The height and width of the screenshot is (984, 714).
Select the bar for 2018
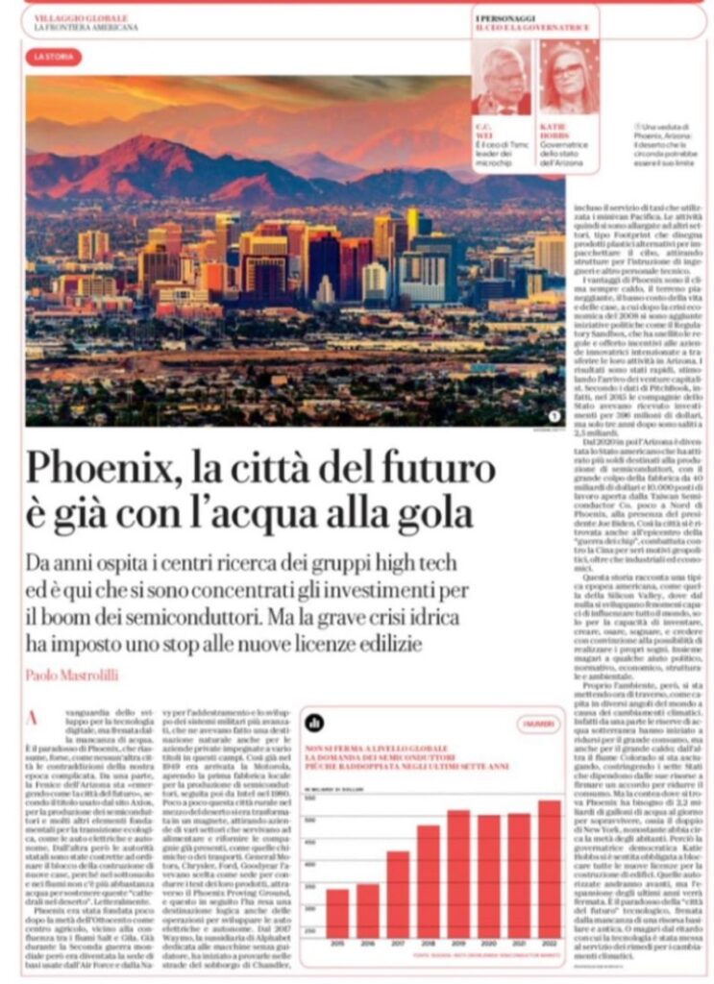click(429, 880)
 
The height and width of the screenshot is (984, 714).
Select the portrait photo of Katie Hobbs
click(565, 79)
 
